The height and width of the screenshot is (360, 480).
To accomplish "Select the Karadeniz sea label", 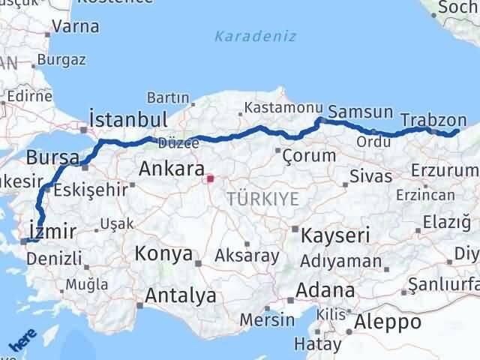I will click(255, 36).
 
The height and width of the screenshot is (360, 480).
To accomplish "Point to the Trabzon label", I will click(433, 119).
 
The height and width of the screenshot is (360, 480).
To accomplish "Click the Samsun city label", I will click(361, 112).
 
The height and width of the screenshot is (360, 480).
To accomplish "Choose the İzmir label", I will click(50, 230).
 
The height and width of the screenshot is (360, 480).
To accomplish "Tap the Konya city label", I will click(163, 253).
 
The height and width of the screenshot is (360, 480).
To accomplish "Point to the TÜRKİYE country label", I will click(263, 199).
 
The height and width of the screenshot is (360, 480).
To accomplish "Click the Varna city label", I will click(75, 27).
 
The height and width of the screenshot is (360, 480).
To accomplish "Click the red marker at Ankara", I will click(211, 178).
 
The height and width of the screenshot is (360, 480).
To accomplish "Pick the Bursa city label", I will click(52, 157).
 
